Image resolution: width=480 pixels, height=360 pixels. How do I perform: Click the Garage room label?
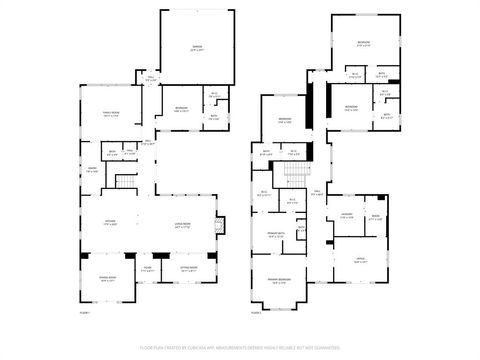click(x=197, y=48)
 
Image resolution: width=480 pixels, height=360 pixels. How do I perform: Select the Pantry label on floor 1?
click(x=92, y=170)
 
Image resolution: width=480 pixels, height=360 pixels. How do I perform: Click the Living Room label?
click(x=183, y=224)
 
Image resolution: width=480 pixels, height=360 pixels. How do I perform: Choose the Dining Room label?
click(x=107, y=277)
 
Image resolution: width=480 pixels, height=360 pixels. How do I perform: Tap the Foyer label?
click(x=147, y=268)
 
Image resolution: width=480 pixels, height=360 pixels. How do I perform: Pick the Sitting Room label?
click(x=188, y=268)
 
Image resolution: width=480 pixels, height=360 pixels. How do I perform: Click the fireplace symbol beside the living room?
click(x=220, y=224)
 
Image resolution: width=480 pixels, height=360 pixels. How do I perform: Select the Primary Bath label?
click(x=276, y=234)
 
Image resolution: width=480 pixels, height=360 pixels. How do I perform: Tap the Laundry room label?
click(x=346, y=215)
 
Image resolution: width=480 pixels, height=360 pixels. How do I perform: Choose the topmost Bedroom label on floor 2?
click(x=363, y=42)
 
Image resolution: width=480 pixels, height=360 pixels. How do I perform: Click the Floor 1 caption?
click(x=85, y=313)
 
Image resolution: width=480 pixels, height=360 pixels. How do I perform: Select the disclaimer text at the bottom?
click(x=240, y=348)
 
